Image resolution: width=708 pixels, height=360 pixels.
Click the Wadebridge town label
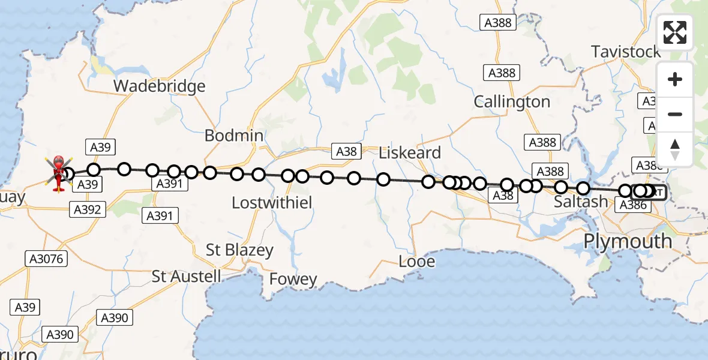click(159, 86)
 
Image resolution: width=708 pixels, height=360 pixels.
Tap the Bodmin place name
click(234, 136)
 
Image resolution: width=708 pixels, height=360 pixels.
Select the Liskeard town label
click(410, 152)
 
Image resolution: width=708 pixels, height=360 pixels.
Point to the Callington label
click(512, 102)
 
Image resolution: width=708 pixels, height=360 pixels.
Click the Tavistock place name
click(626, 52)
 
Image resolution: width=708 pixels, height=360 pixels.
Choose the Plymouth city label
click(628, 241)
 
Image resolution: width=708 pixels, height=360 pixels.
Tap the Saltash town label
click(581, 202)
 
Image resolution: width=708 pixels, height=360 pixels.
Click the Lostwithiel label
click(272, 203)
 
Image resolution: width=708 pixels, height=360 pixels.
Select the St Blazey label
click(239, 250)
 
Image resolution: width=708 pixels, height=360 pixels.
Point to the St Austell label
click(187, 277)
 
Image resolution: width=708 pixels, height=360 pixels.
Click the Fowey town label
click(293, 279)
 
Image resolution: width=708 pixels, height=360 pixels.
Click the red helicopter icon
click(59, 172)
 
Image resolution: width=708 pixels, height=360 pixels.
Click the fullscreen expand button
click(675, 32)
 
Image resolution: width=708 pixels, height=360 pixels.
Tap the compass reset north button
click(675, 149)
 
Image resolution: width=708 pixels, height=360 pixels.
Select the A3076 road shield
click(47, 259)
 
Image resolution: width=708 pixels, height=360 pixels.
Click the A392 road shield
click(88, 209)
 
